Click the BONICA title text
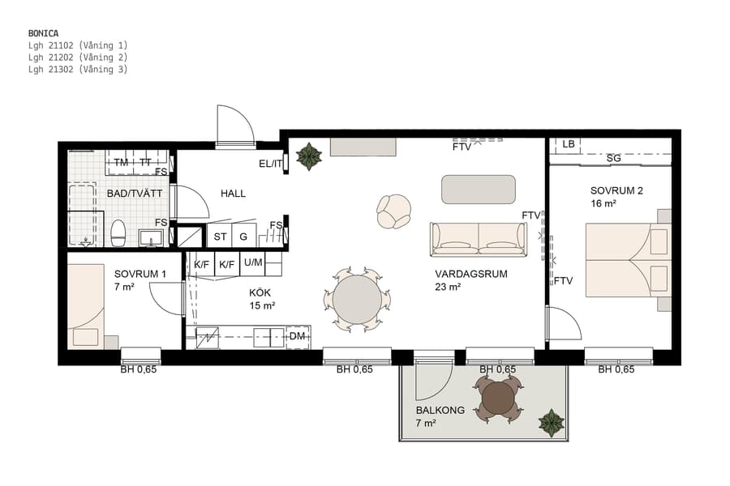click(x=44, y=32)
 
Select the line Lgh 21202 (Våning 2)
click(x=78, y=58)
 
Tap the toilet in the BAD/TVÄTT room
click(x=118, y=232)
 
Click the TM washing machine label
click(x=121, y=163)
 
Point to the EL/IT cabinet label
click(x=271, y=164)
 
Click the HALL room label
click(x=233, y=194)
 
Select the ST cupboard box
click(x=219, y=237)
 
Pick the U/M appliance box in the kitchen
click(x=253, y=262)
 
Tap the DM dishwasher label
click(x=297, y=336)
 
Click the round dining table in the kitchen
click(x=357, y=299)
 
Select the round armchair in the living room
click(x=395, y=211)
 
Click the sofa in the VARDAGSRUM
click(x=478, y=239)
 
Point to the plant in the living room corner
click(x=308, y=156)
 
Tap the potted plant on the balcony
click(x=552, y=422)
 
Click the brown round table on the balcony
click(x=497, y=398)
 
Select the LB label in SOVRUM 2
click(x=569, y=144)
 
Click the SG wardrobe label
click(x=613, y=158)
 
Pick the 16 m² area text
click(x=603, y=205)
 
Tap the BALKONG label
click(x=440, y=411)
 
